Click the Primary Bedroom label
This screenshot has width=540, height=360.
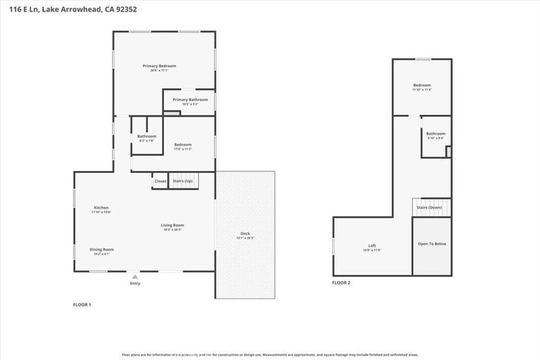click(159, 66)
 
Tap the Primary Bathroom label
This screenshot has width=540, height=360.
click(190, 100)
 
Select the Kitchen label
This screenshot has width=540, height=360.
click(101, 208)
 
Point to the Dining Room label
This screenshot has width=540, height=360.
click(101, 249)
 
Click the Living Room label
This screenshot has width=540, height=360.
click(172, 225)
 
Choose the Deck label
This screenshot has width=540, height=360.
click(245, 233)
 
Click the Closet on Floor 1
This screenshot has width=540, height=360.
click(160, 181)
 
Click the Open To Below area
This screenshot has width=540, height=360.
click(432, 244)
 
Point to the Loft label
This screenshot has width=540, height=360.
click(372, 246)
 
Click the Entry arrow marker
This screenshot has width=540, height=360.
click(135, 276)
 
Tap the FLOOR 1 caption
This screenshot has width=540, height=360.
click(82, 305)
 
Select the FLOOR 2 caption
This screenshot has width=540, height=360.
click(341, 283)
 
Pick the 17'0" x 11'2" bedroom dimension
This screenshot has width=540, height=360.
click(183, 149)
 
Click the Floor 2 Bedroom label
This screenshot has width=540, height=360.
click(422, 85)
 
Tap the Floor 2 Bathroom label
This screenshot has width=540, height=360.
click(436, 134)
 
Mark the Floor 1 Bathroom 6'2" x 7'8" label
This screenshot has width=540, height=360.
click(147, 141)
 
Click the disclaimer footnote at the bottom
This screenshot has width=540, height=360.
click(270, 355)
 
